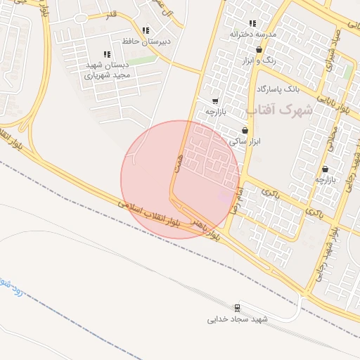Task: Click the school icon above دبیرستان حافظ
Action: coord(146,31)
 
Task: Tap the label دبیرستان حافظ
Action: coord(145,41)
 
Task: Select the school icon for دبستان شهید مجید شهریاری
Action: coord(107,54)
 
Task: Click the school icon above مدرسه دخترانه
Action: coord(252,24)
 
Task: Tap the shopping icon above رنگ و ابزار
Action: coord(259,50)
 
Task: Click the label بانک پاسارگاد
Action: coord(278,90)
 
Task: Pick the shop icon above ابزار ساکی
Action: coord(245,130)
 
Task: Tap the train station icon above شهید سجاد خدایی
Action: coord(236,307)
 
